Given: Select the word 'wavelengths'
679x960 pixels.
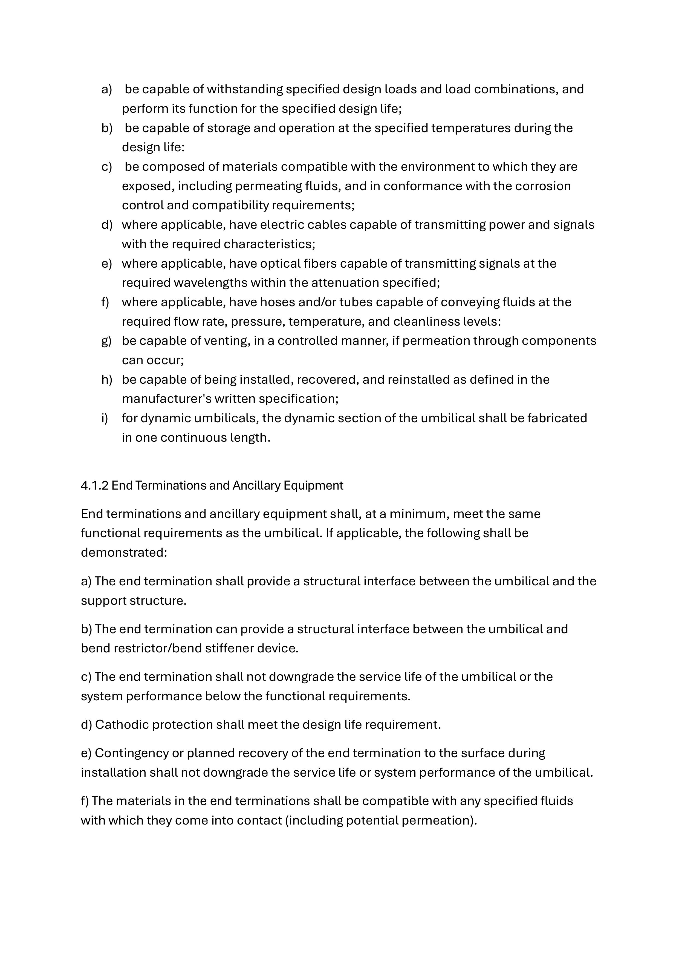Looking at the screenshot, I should click(x=210, y=283).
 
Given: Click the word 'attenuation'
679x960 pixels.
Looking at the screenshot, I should click(x=343, y=283).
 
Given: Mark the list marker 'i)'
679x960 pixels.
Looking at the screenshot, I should click(x=105, y=418).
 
